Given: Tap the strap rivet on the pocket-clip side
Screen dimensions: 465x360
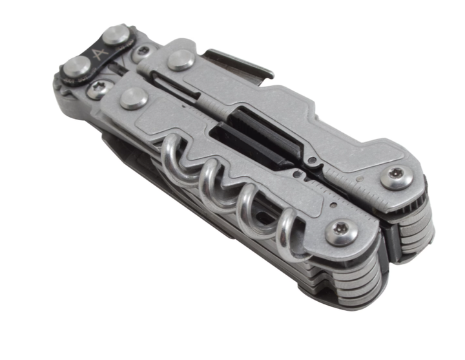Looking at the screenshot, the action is tap(117, 36).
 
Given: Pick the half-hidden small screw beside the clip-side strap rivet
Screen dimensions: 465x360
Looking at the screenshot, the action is tap(143, 51).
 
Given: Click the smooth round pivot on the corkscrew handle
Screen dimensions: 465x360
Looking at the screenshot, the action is tap(134, 98).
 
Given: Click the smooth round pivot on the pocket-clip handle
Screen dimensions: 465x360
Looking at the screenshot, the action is tap(181, 60).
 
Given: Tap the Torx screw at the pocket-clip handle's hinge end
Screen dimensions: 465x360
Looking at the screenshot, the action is tap(397, 178).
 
